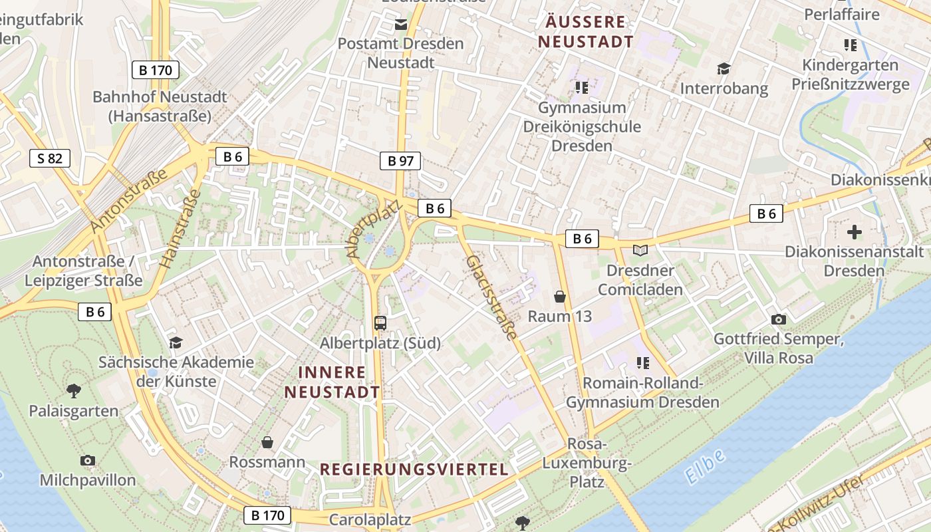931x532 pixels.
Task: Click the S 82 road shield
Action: (50, 158)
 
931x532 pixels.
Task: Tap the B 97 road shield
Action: (400, 160)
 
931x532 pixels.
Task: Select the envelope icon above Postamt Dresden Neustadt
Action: (401, 25)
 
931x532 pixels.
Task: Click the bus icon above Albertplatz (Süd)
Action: (380, 323)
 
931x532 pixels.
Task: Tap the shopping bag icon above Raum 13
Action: (560, 297)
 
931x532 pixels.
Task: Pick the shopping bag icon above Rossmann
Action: (267, 442)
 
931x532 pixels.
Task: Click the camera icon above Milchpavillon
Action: (87, 460)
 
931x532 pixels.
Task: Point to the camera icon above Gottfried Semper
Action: (778, 320)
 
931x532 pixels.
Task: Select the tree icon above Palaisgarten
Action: (74, 391)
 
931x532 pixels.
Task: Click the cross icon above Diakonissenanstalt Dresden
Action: (855, 232)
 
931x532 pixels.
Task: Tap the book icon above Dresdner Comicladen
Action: (640, 251)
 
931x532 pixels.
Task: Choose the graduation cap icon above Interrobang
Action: (724, 68)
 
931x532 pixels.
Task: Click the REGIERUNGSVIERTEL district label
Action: (414, 469)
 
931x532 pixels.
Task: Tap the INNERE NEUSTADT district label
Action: (332, 382)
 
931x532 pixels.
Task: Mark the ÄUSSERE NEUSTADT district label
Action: (586, 31)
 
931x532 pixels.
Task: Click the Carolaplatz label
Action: (370, 519)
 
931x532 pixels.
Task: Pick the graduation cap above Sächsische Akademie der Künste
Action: (176, 342)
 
